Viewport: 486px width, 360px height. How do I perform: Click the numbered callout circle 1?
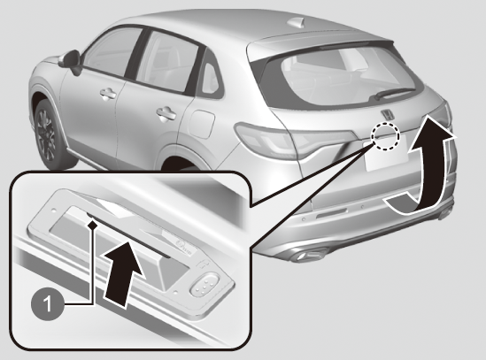[x=48, y=304]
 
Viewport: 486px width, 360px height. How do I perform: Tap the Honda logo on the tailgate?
[x=388, y=114]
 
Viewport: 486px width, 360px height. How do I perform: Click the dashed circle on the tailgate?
[x=386, y=136]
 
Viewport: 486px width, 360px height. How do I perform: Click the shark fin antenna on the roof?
[x=296, y=22]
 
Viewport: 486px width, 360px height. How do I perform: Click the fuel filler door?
[x=201, y=123]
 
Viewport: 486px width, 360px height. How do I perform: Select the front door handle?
[x=108, y=94]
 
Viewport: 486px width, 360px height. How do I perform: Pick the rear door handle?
[x=166, y=113]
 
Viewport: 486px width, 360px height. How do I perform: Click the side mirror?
[x=72, y=61]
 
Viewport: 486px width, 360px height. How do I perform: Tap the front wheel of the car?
[x=50, y=134]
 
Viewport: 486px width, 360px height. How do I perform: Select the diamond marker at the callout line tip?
[x=92, y=225]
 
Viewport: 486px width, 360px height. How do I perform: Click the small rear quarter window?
[x=211, y=78]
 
